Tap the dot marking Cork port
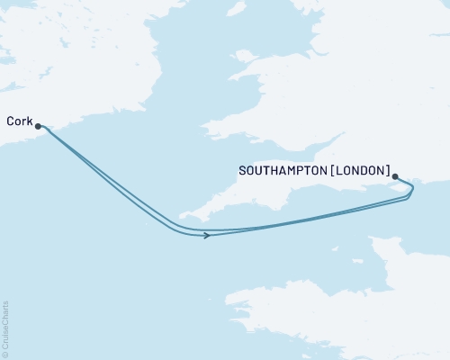(x=38, y=127)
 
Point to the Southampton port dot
(x=396, y=176)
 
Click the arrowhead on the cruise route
(x=207, y=236)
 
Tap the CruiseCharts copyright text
(x=5, y=328)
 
